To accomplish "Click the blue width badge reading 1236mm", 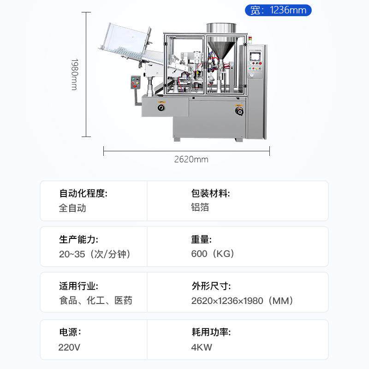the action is [278, 10].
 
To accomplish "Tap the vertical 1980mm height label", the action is [74, 74].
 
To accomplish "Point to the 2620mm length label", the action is [191, 160].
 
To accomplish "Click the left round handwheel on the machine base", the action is [161, 107].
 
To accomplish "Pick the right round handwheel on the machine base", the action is [238, 111].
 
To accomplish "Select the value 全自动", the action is [72, 208].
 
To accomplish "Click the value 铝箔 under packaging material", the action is [200, 208].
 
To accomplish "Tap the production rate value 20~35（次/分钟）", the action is [95, 254].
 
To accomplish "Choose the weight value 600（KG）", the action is [213, 254].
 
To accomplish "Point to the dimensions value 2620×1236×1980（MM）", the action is [242, 301].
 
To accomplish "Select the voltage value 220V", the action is [69, 347].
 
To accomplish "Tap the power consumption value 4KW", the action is [202, 347].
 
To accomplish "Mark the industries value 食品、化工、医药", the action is [95, 301].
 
